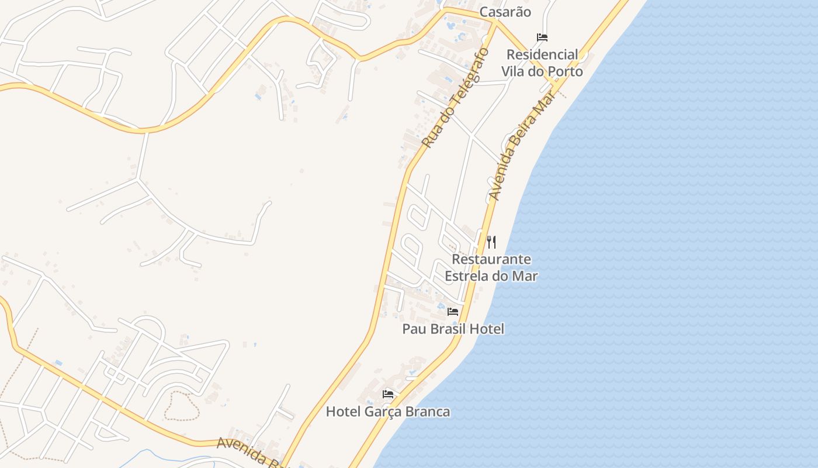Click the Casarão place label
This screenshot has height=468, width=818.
[x=505, y=12]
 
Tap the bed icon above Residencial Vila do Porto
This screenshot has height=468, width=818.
[x=542, y=37]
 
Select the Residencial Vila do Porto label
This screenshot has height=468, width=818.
[x=542, y=63]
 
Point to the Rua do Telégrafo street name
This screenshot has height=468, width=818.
[x=455, y=98]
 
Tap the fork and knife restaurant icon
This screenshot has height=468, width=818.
[x=491, y=242]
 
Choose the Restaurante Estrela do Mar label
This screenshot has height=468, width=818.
[x=491, y=267]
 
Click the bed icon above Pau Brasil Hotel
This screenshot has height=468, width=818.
[x=453, y=312]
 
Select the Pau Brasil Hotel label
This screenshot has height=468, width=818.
[x=453, y=329]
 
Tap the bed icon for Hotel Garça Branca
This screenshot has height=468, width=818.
[x=388, y=394]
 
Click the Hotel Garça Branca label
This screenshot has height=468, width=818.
[x=388, y=412]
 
